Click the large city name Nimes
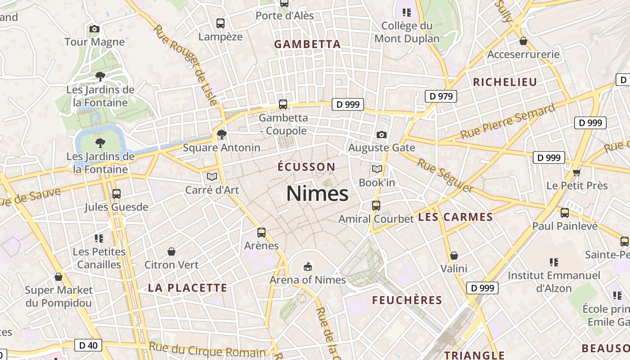[317, 193]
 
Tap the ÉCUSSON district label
[306, 167]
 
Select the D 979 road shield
[441, 96]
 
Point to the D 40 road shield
[88, 345]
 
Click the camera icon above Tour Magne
[94, 29]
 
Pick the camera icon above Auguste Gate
[381, 135]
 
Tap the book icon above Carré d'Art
[212, 176]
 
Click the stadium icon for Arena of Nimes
[307, 267]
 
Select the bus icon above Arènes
[261, 233]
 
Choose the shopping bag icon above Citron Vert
[171, 252]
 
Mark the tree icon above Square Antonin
[221, 134]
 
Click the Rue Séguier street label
[445, 175]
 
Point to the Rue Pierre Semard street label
[508, 122]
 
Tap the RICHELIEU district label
[505, 82]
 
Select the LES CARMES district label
[455, 217]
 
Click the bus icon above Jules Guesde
[117, 194]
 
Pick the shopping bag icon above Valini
[454, 256]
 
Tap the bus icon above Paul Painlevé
[565, 213]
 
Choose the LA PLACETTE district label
[188, 288]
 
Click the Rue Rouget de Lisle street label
[185, 65]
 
